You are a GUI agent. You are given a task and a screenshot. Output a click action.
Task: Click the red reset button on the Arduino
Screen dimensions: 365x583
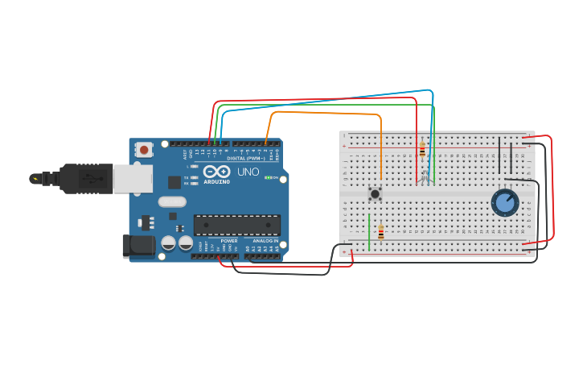[x=144, y=149]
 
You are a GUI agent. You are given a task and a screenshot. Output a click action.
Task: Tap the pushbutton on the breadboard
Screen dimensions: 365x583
[x=375, y=193]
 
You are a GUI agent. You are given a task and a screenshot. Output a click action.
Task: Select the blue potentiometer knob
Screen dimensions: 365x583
[x=505, y=202]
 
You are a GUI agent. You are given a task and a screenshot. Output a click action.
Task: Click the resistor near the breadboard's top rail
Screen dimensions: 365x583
[x=422, y=150]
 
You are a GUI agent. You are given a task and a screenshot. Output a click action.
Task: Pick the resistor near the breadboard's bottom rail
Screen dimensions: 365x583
[x=381, y=233]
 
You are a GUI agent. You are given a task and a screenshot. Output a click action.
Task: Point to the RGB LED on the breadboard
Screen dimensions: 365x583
[x=425, y=176]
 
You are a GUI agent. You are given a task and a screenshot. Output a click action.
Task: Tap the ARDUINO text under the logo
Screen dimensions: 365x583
[x=216, y=182]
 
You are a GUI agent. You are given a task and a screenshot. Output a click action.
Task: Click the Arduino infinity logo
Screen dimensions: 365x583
[x=216, y=172]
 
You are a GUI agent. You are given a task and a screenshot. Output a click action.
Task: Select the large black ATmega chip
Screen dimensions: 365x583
[x=237, y=225]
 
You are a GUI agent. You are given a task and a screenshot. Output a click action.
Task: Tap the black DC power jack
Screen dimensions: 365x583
[x=138, y=247]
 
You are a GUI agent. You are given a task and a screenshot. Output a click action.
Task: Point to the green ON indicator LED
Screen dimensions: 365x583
[x=269, y=177]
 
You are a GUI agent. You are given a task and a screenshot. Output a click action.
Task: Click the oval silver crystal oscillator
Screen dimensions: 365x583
[x=172, y=202]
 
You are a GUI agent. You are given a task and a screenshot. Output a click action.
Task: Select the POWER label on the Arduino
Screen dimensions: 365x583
[x=229, y=241]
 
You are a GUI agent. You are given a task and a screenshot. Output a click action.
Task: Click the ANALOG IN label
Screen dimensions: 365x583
[x=266, y=241]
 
